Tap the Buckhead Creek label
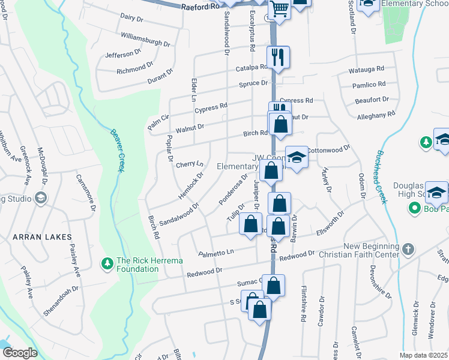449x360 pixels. click(x=380, y=177)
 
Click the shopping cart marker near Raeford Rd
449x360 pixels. click(x=279, y=9)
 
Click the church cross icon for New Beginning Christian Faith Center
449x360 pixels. click(x=408, y=248)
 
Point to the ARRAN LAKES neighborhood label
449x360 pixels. click(x=41, y=237)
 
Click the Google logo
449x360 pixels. click(x=20, y=353)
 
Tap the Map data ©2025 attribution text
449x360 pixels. click(x=423, y=355)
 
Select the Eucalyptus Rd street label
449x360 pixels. click(x=252, y=31)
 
